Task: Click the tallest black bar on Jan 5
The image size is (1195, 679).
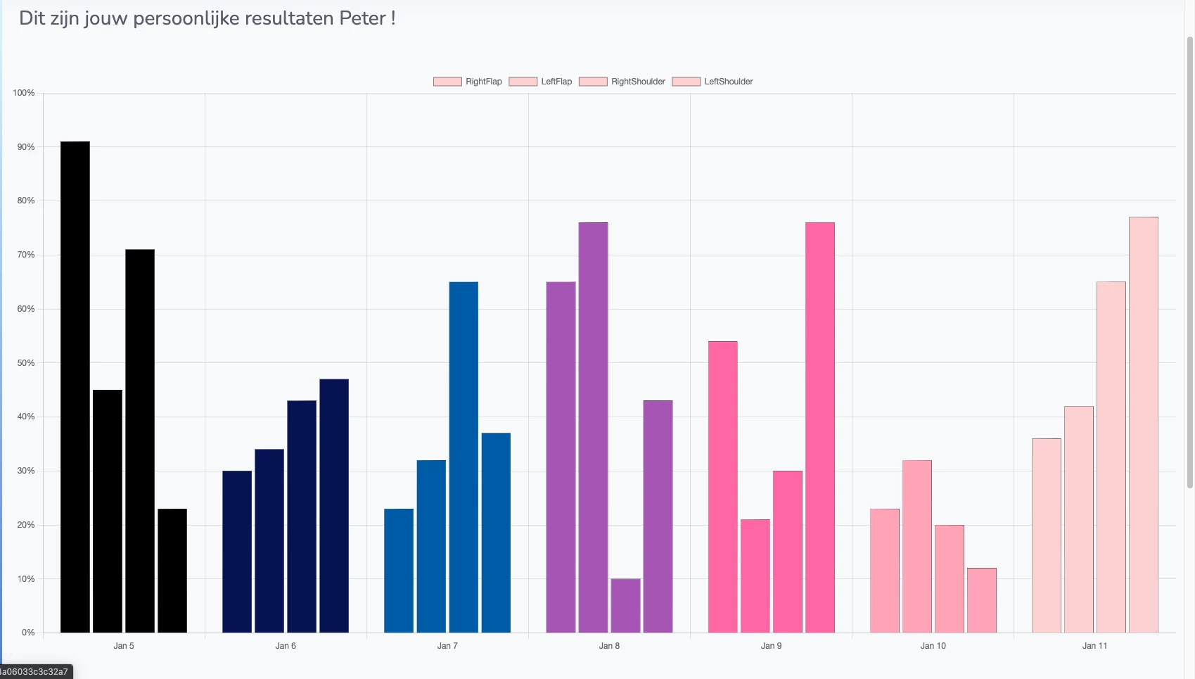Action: [75, 387]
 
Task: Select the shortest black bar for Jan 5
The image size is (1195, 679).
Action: [172, 571]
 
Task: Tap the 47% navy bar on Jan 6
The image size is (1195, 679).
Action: [334, 506]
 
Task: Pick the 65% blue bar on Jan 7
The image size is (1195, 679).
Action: [464, 457]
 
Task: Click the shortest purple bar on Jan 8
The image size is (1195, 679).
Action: [625, 606]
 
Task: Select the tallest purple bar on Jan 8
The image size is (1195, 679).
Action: [593, 427]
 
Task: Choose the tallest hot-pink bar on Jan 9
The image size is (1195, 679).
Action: [820, 427]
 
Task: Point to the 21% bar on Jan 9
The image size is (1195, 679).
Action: [755, 576]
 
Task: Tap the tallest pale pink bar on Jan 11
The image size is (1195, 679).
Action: [1143, 424]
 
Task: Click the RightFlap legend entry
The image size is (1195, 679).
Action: [468, 82]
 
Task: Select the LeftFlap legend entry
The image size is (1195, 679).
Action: [540, 82]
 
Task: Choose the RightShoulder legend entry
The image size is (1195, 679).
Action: [622, 82]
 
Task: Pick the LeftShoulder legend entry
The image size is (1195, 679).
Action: [712, 82]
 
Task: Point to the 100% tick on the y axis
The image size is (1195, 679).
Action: [24, 93]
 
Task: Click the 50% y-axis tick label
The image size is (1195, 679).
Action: [26, 363]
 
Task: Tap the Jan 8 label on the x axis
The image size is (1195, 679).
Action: [609, 646]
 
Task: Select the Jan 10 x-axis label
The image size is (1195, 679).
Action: [933, 646]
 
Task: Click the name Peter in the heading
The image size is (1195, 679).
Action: [362, 18]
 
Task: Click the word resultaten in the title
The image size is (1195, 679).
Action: [288, 18]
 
